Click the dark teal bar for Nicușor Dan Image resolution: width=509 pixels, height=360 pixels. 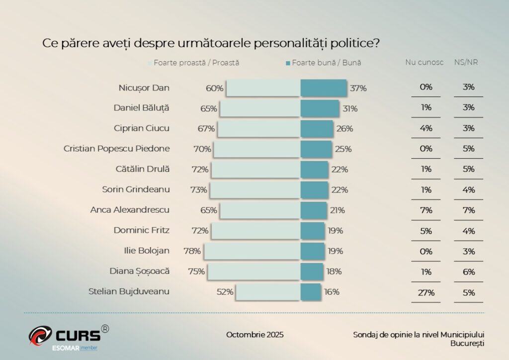tap(323, 88)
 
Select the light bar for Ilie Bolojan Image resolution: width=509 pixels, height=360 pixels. tap(252, 251)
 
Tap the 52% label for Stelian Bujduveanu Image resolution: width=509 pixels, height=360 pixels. tap(225, 292)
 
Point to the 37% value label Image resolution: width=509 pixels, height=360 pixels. tap(358, 88)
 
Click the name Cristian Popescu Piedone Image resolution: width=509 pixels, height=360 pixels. tap(117, 148)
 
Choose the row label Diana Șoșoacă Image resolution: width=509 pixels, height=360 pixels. tap(139, 271)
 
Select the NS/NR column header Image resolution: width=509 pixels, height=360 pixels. tap(466, 63)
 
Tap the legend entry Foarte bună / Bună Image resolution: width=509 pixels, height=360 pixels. tap(326, 63)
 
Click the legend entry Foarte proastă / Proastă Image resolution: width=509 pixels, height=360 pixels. tap(196, 63)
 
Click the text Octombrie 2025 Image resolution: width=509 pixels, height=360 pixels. tap(255, 334)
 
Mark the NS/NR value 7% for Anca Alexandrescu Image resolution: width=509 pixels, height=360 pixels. tap(468, 210)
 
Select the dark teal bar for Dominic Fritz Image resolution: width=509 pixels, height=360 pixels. tap(313, 231)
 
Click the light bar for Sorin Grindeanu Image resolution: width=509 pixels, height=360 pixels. tap(254, 190)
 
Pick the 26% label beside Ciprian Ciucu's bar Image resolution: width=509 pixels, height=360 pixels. tap(344, 128)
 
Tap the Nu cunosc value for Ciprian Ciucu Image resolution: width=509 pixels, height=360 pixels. tap(426, 128)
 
